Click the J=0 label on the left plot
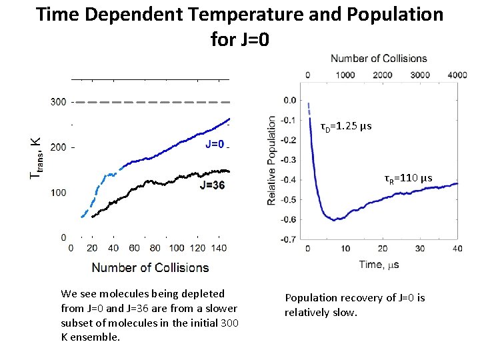[x=217, y=145]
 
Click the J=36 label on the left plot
[x=212, y=185]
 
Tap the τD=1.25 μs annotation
[x=345, y=127]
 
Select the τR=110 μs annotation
[x=408, y=178]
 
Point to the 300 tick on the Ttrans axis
[x=58, y=102]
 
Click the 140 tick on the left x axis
[x=218, y=248]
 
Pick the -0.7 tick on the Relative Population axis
[x=289, y=239]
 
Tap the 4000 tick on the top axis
[x=456, y=75]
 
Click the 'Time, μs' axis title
[x=380, y=265]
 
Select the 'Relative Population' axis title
[x=272, y=161]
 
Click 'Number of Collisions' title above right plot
[x=379, y=59]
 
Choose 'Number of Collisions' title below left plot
[x=150, y=267]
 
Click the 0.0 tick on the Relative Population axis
[x=289, y=101]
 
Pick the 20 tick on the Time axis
[x=382, y=248]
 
